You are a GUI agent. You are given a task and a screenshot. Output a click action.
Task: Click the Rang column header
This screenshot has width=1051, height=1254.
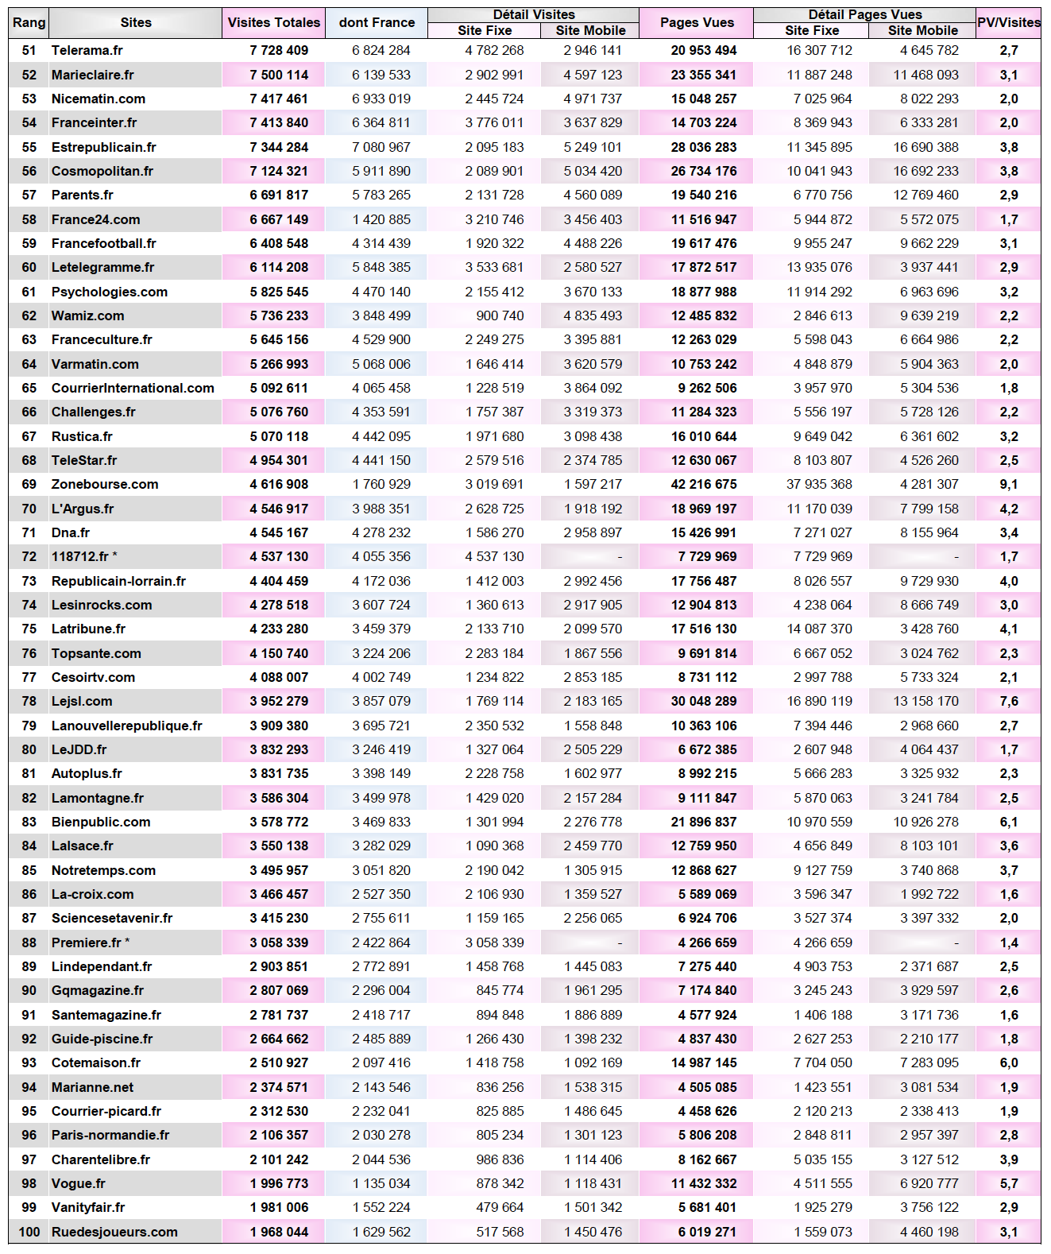coord(29,22)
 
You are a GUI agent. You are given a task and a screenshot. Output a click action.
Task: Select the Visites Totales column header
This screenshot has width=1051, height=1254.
coord(274,22)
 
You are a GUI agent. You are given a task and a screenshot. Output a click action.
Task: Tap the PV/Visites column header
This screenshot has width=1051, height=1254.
coord(1009,22)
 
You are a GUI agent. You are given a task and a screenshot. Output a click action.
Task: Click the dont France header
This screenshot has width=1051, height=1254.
coord(377,22)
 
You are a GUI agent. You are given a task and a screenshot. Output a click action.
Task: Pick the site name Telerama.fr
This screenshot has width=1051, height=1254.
coord(87,50)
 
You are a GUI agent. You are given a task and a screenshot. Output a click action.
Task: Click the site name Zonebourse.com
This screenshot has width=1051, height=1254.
coord(105,484)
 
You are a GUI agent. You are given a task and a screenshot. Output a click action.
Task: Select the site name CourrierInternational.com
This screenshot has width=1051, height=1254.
coord(133,388)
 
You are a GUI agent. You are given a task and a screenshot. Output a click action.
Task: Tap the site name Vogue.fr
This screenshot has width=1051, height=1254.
coord(79,1183)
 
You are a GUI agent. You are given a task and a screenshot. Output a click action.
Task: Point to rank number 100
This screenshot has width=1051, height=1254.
coord(29,1232)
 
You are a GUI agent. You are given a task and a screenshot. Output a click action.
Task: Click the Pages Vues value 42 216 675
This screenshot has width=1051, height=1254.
coord(704,484)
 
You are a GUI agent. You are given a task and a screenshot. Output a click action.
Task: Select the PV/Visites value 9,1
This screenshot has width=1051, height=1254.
coord(1009,484)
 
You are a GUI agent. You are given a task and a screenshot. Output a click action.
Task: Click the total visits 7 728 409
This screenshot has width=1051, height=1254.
coord(279,50)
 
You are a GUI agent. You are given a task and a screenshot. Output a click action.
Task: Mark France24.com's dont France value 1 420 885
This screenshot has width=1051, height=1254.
coord(381,219)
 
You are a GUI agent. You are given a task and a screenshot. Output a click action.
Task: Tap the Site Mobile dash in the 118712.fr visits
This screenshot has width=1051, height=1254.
coord(620,557)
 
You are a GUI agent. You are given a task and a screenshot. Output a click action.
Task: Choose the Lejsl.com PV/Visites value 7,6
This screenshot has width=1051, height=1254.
coord(1009,701)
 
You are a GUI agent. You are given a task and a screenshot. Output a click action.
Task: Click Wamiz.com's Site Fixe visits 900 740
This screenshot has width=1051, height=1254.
coord(500,315)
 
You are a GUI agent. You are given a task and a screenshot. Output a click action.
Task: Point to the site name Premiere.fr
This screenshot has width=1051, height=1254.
coord(87,942)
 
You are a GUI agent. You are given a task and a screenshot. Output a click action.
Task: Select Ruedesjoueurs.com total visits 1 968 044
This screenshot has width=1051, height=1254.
coord(279,1232)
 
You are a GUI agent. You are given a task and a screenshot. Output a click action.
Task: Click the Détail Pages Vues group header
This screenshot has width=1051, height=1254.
coord(865,14)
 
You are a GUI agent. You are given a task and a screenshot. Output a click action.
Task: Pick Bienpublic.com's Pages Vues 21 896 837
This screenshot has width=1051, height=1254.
coord(704,822)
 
